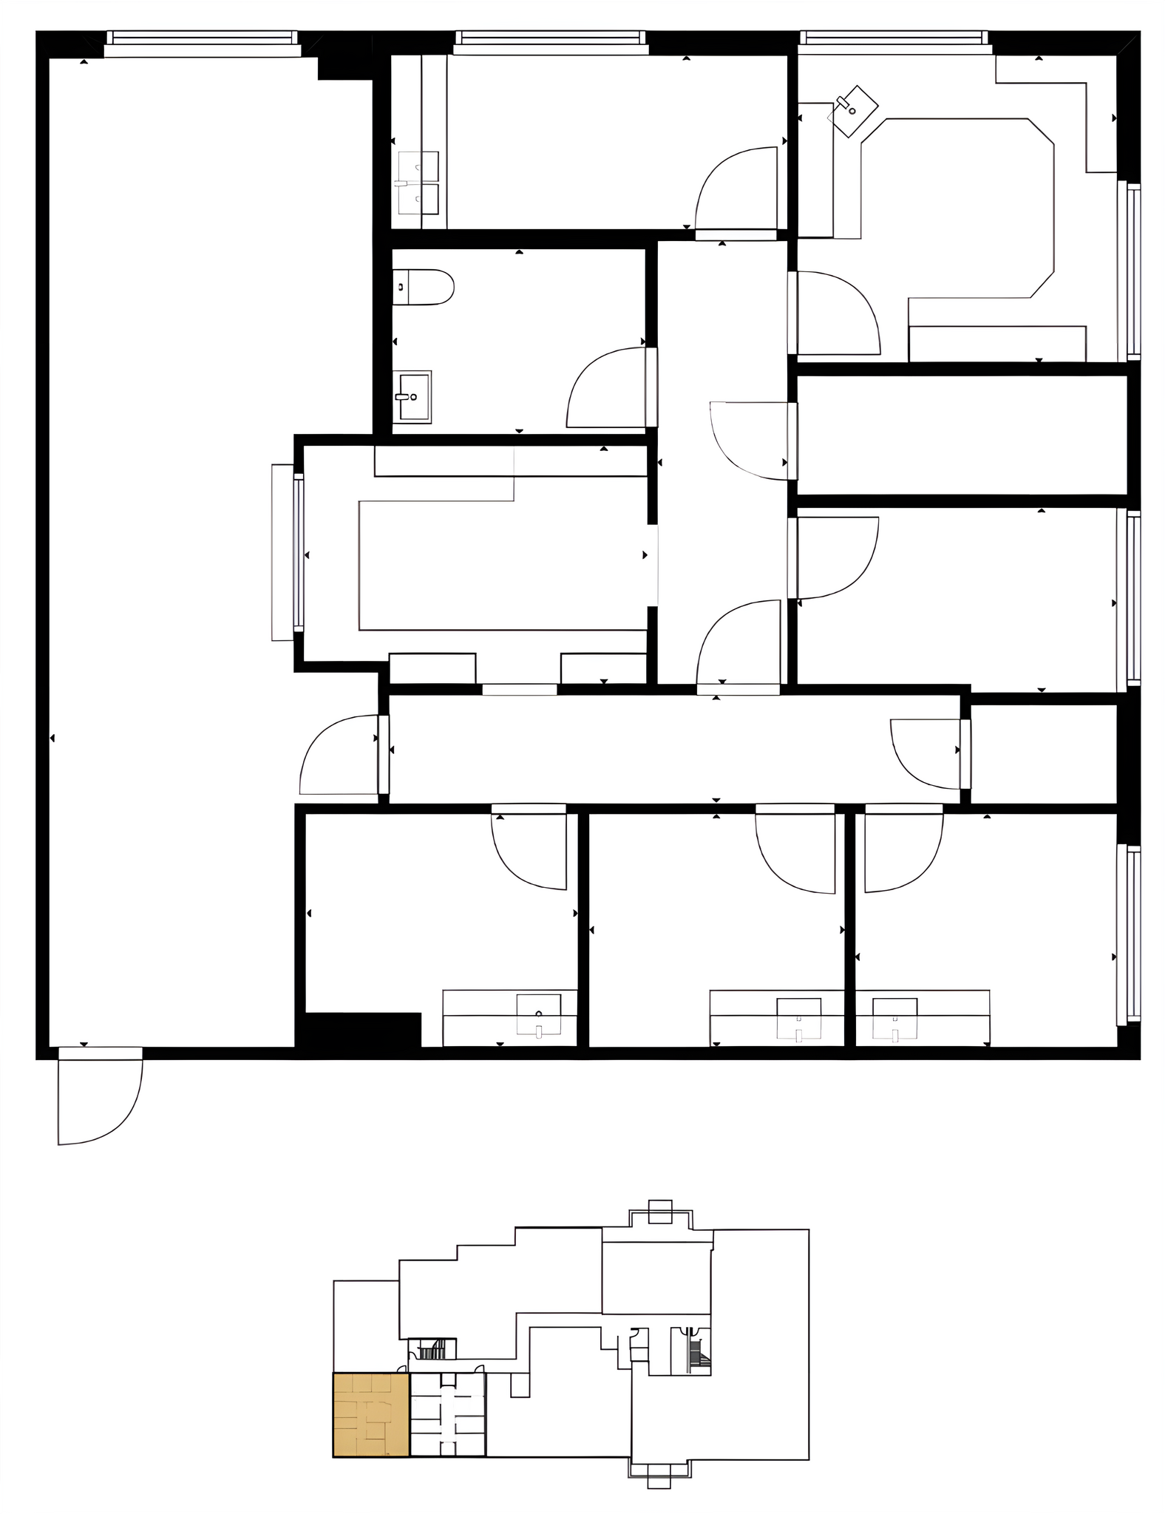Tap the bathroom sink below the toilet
412,396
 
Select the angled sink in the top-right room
854,111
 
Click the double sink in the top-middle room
418,183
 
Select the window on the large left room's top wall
202,43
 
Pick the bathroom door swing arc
606,388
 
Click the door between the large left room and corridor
340,755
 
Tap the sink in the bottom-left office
539,1015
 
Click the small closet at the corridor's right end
1043,753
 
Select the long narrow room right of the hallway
962,435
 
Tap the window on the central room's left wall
299,553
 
